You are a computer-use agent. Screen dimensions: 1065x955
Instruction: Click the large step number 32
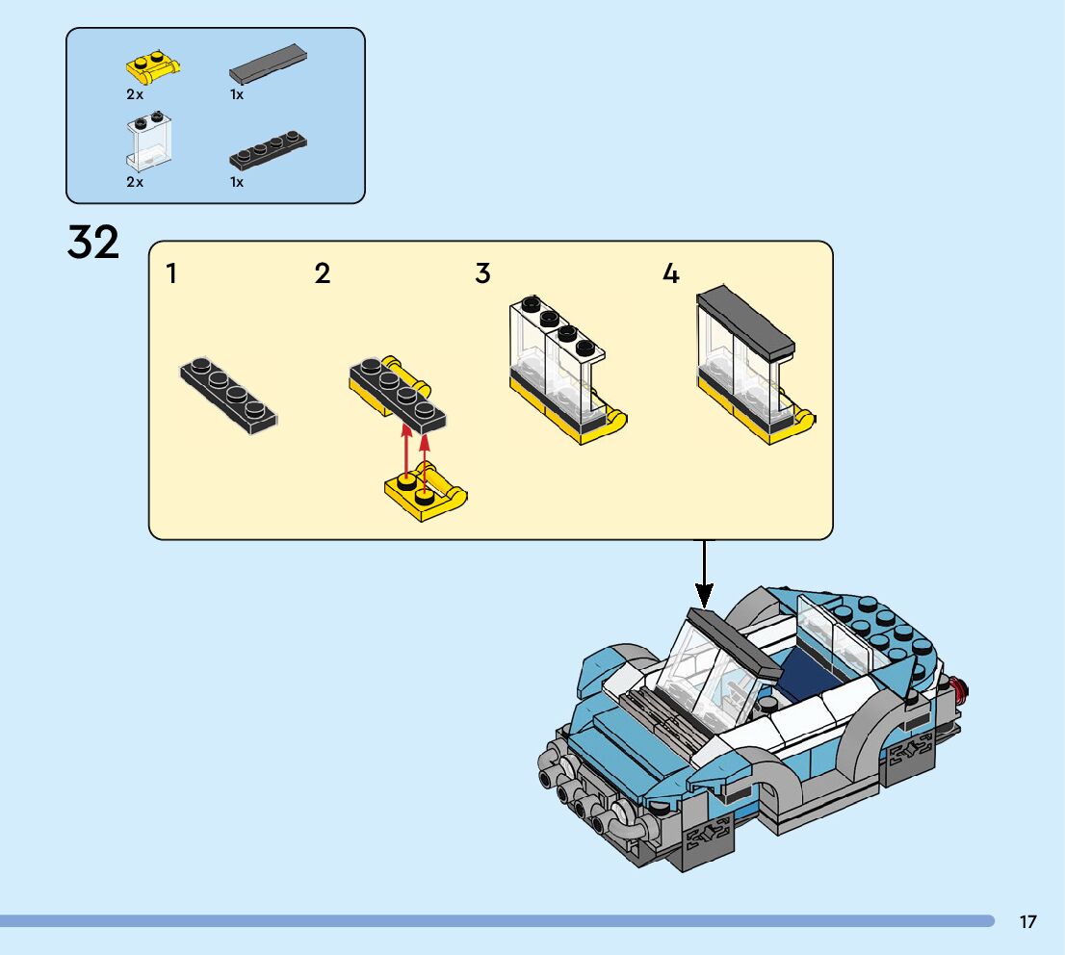(93, 242)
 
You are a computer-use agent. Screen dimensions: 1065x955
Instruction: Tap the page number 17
(1027, 921)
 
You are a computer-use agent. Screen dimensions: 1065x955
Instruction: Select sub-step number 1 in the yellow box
(171, 273)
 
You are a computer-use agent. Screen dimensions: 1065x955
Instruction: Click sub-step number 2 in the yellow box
(323, 273)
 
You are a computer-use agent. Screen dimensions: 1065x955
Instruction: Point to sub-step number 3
(483, 273)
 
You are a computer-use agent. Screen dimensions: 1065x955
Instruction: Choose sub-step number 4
(671, 273)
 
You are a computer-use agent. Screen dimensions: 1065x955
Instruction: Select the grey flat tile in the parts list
(268, 64)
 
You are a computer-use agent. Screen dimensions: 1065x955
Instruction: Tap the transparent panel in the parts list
(148, 142)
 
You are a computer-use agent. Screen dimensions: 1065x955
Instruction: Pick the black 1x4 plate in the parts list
(268, 151)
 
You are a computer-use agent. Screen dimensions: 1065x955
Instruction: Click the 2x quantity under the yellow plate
(135, 94)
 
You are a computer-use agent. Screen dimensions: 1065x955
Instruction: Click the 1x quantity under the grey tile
(236, 94)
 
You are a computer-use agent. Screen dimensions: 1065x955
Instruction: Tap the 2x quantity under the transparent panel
(135, 182)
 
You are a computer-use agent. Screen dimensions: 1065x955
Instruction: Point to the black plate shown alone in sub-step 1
(229, 395)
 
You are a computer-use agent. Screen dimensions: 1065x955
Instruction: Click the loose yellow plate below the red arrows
(426, 492)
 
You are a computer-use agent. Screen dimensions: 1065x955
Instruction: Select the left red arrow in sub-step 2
(406, 452)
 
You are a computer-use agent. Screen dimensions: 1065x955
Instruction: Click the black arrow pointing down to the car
(704, 573)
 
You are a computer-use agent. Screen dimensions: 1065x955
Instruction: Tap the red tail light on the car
(960, 689)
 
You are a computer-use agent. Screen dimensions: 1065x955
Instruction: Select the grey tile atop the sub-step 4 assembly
(745, 322)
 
